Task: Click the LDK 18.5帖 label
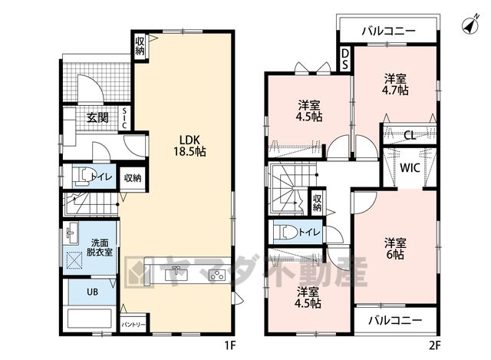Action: coord(189,146)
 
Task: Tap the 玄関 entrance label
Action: coord(97,118)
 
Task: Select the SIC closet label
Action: coord(124,118)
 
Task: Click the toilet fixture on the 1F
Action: coord(81,177)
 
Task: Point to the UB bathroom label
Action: coord(92,292)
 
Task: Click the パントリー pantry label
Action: coord(133,325)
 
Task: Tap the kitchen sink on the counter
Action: coord(177,274)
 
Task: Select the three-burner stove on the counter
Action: coord(217,275)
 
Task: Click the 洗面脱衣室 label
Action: coord(100,247)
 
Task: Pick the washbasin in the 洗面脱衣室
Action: coord(72,234)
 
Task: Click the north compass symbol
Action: coord(470,25)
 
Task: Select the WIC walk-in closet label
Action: coord(410,168)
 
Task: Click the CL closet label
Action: coord(410,136)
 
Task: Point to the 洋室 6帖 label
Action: coord(395,249)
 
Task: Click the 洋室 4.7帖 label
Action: coord(395,84)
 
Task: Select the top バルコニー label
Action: coord(389,31)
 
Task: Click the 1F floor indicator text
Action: coord(230,345)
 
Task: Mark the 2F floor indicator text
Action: coord(435,345)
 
